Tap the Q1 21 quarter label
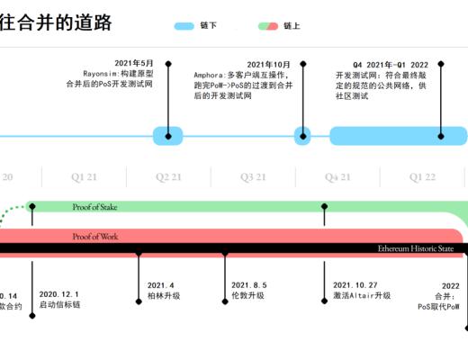85,177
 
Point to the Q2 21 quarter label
168,177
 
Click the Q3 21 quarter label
253,177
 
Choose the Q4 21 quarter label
337,177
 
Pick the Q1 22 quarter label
422,177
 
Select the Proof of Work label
95,237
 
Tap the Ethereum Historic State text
416,247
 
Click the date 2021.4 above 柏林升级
160,284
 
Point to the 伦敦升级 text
247,295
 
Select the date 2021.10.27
355,284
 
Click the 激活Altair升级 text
362,295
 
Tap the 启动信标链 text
59,305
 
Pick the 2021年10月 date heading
269,64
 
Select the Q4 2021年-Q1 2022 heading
391,64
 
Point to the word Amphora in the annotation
211,75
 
